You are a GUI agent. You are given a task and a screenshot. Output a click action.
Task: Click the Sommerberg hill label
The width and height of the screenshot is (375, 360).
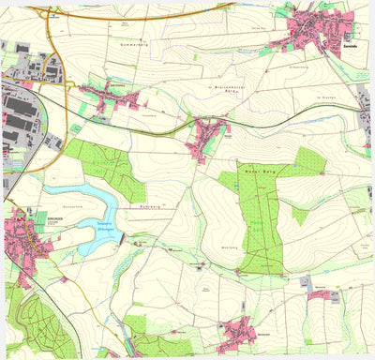[x=135, y=44]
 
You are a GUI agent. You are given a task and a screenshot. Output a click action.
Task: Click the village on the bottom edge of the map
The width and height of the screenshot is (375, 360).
[x=240, y=331]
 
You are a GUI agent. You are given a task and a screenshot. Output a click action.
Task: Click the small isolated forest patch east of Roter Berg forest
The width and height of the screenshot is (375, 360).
[x=299, y=215]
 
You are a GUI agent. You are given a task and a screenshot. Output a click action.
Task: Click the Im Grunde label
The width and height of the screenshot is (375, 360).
[x=326, y=97]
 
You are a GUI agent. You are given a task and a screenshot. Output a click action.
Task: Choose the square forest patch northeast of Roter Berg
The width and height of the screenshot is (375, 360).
[x=310, y=161]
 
